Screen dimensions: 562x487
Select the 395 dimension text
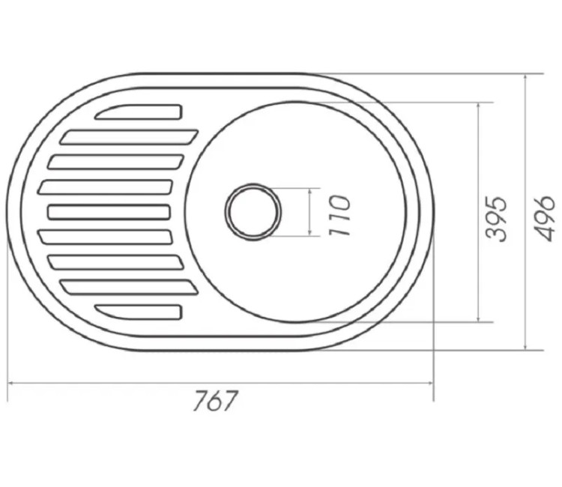tap(497, 218)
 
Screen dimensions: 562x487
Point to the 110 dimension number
tap(339, 215)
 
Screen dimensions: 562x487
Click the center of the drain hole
tap(253, 212)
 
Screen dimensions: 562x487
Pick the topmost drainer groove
tap(139, 112)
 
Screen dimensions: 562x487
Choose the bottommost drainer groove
tap(139, 312)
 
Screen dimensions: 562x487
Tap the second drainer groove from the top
tap(129, 137)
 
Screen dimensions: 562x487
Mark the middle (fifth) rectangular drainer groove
tap(109, 212)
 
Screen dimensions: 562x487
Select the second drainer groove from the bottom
tap(129, 287)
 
